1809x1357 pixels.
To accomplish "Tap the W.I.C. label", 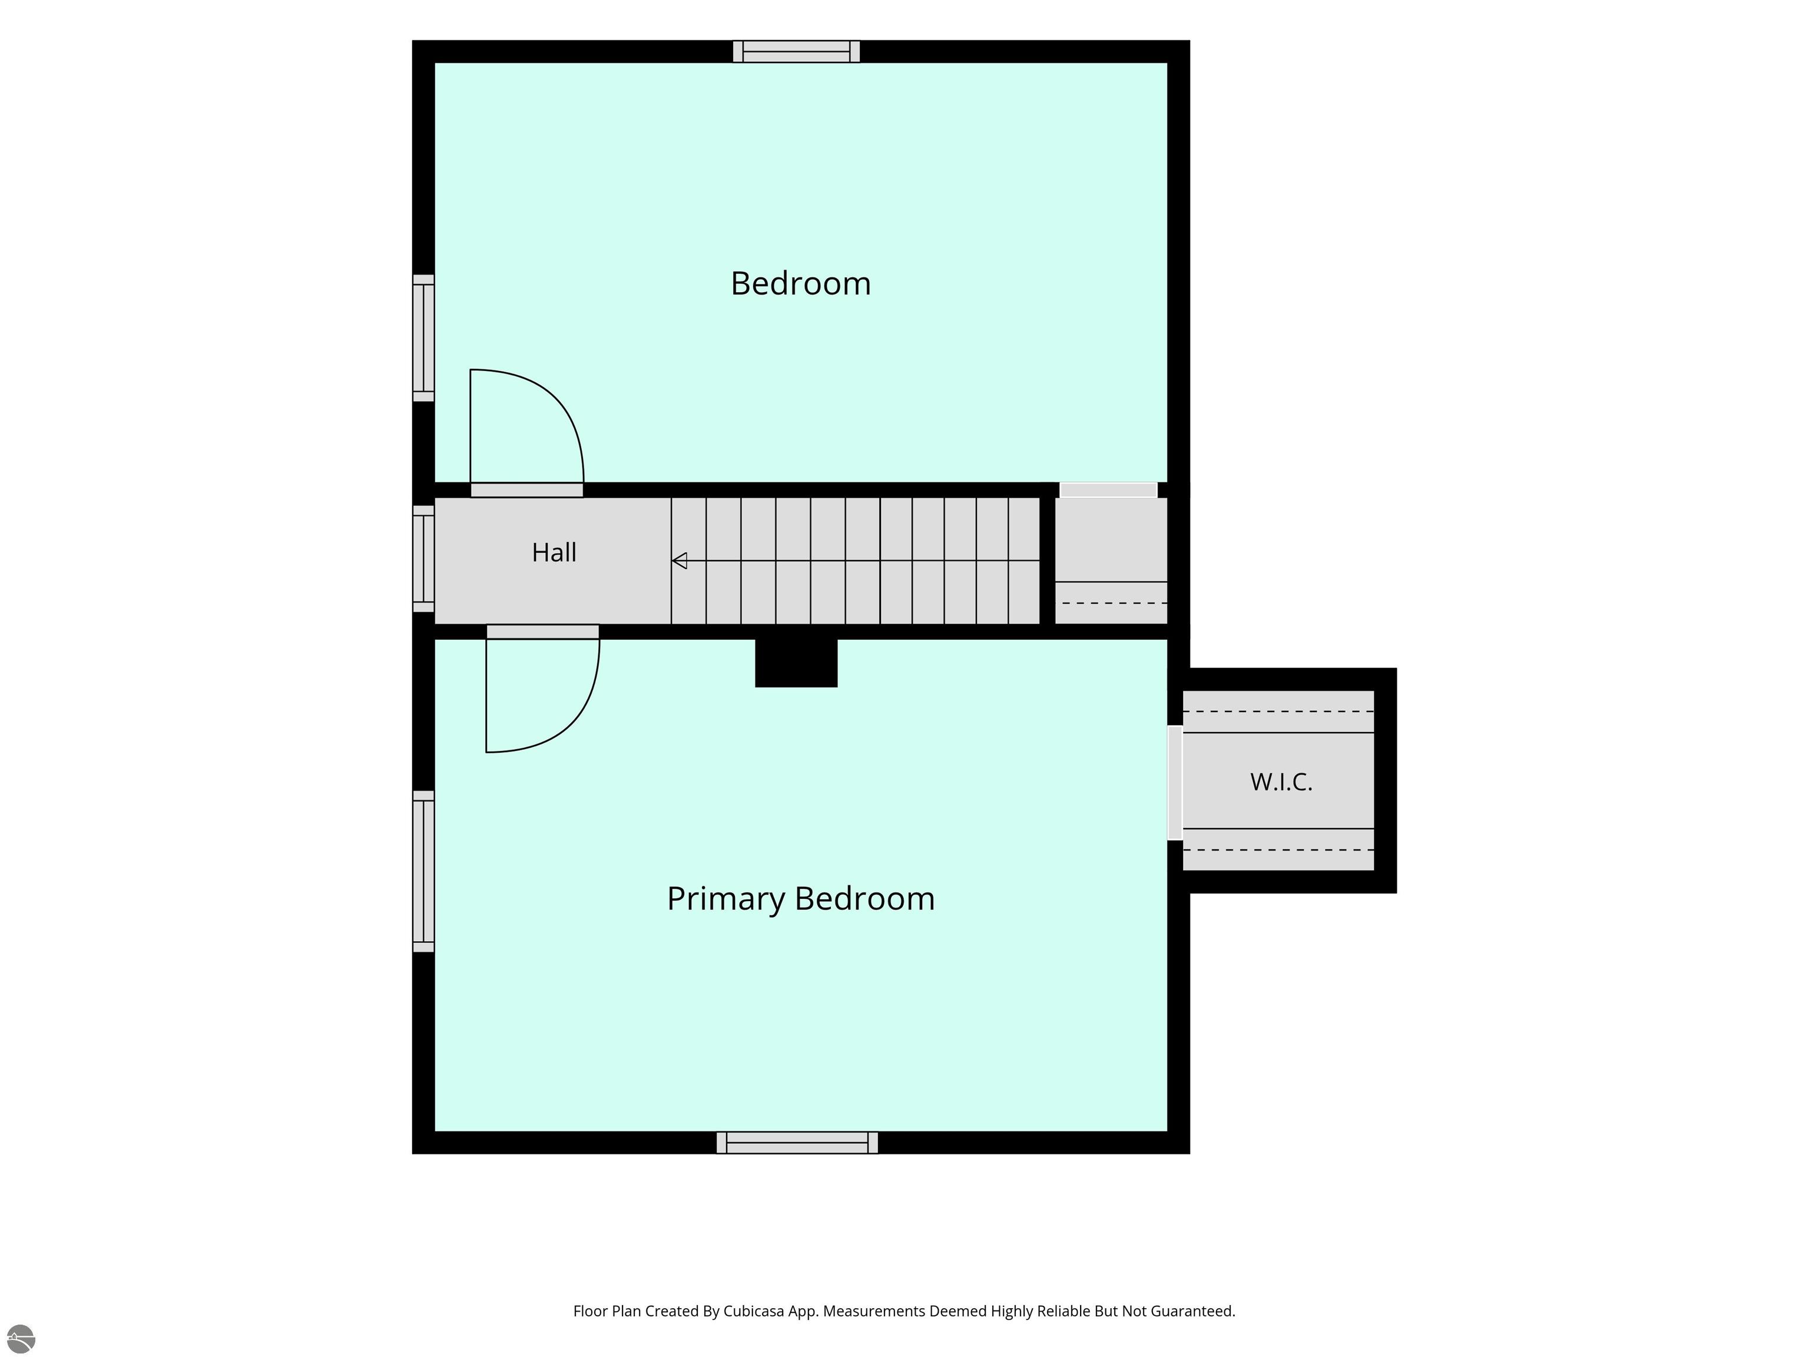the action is [1281, 782].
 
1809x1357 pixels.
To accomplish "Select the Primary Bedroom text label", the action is [801, 899].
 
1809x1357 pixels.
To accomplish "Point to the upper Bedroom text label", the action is [801, 283].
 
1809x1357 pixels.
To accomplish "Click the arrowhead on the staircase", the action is [679, 561].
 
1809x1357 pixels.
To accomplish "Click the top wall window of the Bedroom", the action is [797, 51].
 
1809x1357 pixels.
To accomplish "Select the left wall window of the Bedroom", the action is [423, 338].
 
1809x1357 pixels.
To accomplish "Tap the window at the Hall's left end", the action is [423, 559].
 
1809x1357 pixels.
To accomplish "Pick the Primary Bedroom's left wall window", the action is [423, 871].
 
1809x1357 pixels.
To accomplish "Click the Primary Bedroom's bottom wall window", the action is [797, 1143].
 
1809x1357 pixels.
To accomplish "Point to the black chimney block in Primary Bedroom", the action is [796, 663].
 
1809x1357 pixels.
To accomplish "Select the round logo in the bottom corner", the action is [21, 1339].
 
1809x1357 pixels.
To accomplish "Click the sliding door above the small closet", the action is [1108, 490].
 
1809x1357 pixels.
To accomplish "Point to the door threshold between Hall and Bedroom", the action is [526, 490].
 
